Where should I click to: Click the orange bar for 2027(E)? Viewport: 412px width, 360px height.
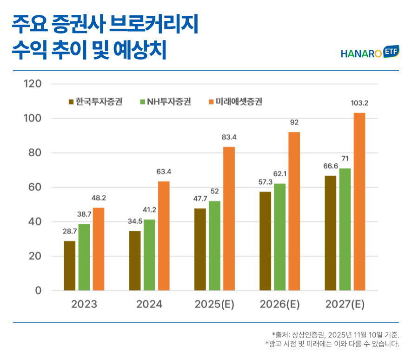pos(359,202)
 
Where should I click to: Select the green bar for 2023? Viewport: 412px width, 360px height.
pos(84,257)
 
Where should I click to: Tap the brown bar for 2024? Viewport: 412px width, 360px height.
pos(135,261)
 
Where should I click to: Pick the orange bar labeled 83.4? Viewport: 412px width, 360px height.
pos(229,219)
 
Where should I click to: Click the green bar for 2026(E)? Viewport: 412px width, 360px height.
pos(279,237)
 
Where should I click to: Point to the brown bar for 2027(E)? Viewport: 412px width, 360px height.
pos(330,233)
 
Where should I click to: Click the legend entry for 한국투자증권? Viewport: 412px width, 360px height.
pos(95,102)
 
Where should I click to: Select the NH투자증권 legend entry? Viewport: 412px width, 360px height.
pos(165,102)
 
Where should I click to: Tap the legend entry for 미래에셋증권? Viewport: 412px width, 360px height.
pos(235,102)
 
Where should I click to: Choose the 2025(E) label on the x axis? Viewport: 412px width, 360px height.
pos(214,305)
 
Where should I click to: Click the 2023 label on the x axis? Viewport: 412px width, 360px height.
pos(84,305)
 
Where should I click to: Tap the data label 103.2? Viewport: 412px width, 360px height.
pos(359,103)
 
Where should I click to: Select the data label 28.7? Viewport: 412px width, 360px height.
pos(69,232)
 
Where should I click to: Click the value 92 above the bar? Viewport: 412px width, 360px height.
pos(294,123)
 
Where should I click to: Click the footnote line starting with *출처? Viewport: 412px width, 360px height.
pos(335,334)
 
